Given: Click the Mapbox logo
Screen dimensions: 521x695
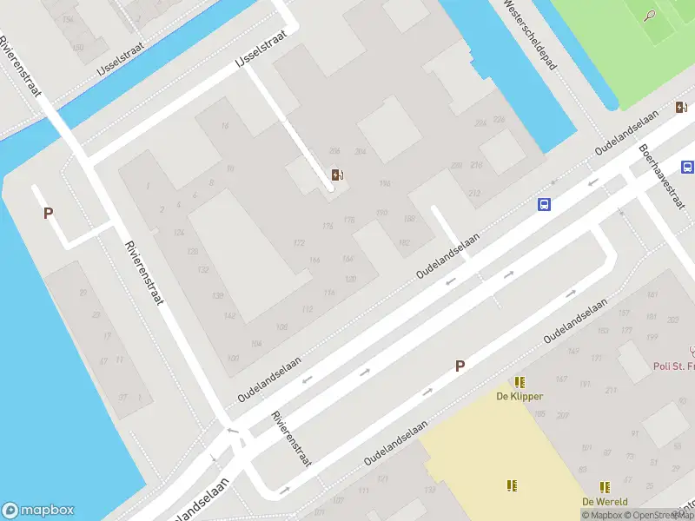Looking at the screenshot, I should click(x=38, y=511).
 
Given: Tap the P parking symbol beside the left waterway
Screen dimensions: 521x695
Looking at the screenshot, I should click(x=49, y=213).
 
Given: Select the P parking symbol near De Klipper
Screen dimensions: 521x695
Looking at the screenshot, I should click(x=460, y=366).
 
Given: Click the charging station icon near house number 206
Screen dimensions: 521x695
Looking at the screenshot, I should click(x=337, y=175).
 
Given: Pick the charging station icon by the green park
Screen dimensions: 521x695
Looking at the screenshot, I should click(x=680, y=107).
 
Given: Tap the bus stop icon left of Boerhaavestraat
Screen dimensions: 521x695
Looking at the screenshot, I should click(x=544, y=205).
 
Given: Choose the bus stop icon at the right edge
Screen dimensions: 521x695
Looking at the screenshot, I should click(x=687, y=168).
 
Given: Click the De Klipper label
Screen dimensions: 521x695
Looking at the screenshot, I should click(x=520, y=397).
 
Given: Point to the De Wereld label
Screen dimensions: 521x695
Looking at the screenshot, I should click(x=605, y=502).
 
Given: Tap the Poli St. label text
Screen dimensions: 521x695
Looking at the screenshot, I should click(x=673, y=366).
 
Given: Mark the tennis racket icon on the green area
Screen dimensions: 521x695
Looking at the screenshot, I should click(x=650, y=15).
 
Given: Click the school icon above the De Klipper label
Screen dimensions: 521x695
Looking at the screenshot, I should click(x=520, y=382).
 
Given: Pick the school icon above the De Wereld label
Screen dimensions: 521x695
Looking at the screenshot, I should click(x=604, y=487).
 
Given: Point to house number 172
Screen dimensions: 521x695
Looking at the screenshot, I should click(x=300, y=243).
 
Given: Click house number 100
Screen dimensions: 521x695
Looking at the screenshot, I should click(x=232, y=359).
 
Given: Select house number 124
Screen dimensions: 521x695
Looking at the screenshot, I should click(x=179, y=233).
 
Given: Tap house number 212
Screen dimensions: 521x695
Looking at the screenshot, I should click(x=473, y=193).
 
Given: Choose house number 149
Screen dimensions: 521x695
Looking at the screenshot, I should click(x=573, y=351).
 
